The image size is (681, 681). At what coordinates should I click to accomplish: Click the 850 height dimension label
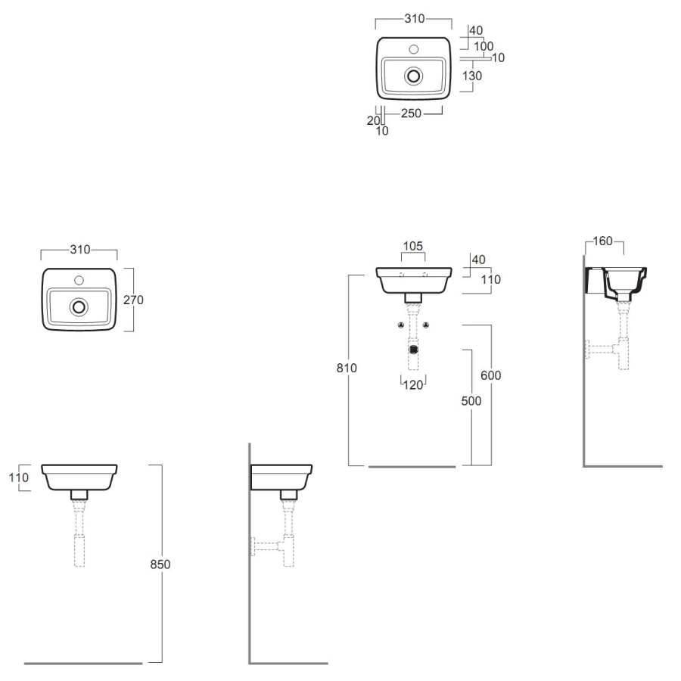point(160,564)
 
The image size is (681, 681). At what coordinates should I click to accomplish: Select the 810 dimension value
point(347,368)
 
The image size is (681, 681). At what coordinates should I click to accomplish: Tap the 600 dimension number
point(491,375)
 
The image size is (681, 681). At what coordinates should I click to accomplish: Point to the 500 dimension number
point(471,401)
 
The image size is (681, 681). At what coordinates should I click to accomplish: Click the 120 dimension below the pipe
point(413,385)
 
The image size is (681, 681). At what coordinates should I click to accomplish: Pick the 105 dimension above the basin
point(412,246)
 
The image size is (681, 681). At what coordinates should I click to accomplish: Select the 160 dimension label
point(602,241)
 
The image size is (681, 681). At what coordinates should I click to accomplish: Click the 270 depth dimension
point(133,300)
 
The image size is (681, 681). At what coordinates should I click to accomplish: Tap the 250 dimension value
point(411,113)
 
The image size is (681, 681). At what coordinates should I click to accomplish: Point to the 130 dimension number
point(472,76)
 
